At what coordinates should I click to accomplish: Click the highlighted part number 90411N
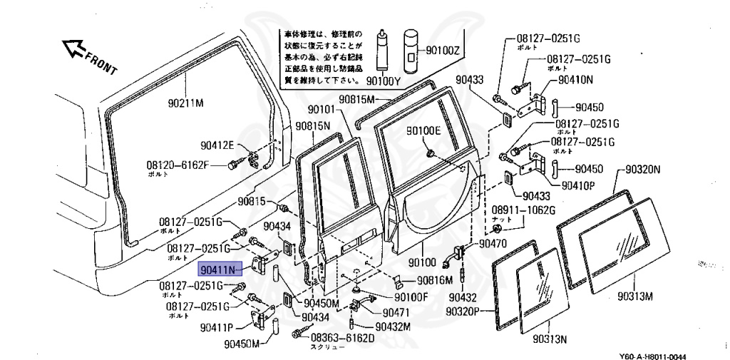coord(219,269)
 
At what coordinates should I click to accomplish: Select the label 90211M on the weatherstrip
coord(186,103)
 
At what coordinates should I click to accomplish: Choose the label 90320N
coord(643,170)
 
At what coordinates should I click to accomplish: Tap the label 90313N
coord(550,338)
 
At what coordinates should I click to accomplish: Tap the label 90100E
coord(424,130)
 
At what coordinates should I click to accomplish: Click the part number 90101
coord(320,110)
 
